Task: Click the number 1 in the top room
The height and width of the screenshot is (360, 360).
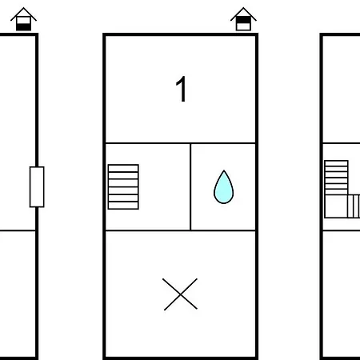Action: [182, 89]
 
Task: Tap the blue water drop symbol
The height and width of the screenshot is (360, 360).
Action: [224, 187]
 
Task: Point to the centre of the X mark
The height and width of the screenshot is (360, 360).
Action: [181, 294]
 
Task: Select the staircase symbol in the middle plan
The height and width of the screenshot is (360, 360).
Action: [123, 186]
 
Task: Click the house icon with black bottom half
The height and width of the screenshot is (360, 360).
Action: [23, 19]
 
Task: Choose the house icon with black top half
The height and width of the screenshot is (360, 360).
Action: [243, 19]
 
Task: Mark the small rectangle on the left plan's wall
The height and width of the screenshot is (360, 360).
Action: [37, 186]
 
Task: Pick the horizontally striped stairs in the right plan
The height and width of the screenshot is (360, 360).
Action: [336, 178]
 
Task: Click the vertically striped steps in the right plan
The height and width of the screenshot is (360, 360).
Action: [354, 206]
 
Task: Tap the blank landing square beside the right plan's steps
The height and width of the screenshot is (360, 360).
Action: [336, 206]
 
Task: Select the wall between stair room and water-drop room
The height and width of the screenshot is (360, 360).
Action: [190, 186]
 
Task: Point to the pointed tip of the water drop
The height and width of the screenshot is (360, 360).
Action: [224, 170]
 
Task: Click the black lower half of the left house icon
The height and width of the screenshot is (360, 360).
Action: [23, 27]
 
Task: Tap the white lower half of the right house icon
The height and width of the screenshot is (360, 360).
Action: [243, 26]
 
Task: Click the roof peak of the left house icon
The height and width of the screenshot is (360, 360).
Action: [23, 8]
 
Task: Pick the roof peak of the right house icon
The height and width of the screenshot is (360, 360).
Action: [243, 8]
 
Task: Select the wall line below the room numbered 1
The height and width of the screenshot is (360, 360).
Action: [181, 143]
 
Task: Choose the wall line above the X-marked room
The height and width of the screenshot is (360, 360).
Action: [181, 230]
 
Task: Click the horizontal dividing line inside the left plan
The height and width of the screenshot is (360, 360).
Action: [18, 230]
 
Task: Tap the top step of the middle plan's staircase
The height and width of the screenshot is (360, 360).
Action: [123, 168]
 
